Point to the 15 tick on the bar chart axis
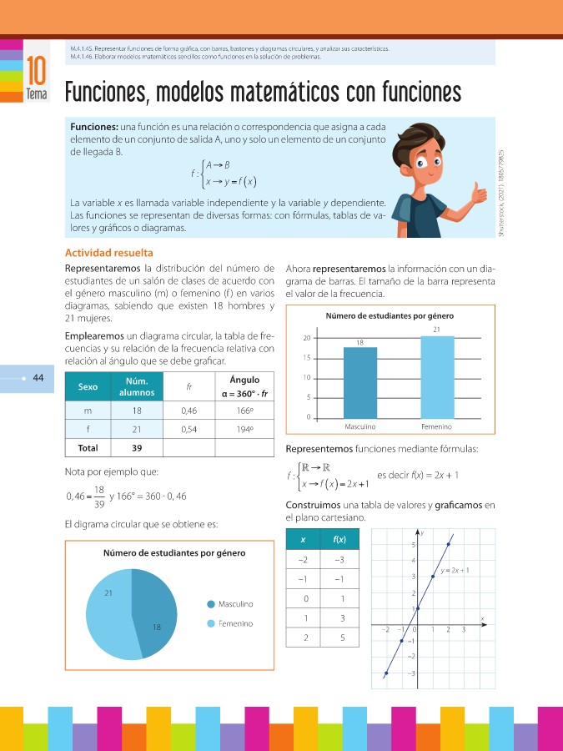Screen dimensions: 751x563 click(308, 358)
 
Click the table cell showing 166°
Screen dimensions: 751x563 click(243, 411)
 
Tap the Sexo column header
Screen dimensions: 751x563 click(87, 387)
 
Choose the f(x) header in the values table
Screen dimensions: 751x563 click(340, 539)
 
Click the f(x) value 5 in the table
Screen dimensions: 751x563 click(340, 638)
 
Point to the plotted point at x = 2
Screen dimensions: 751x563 click(449, 544)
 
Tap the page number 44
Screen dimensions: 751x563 click(38, 377)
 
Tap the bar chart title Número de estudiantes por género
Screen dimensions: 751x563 click(390, 315)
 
